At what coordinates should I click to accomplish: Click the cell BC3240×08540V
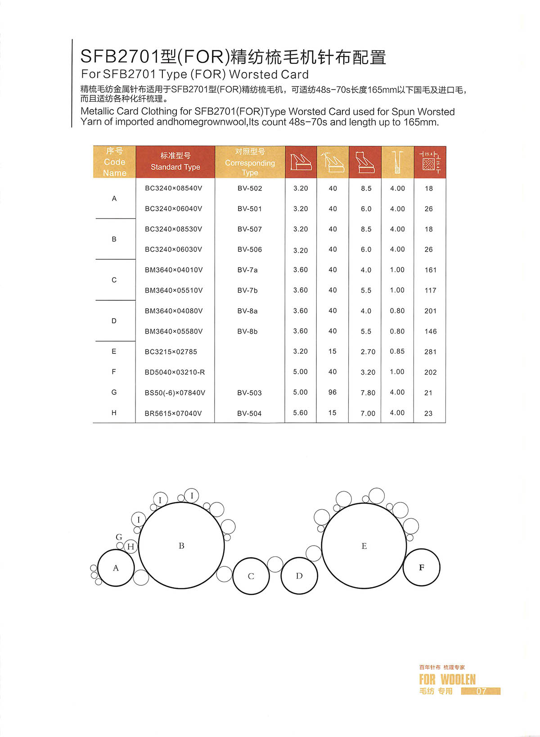(x=173, y=188)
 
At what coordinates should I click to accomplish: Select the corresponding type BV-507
(x=249, y=229)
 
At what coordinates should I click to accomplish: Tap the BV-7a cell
(x=247, y=270)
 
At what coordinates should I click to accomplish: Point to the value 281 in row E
(x=430, y=352)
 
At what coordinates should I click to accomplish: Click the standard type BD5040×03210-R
(x=175, y=372)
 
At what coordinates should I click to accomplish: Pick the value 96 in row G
(x=333, y=392)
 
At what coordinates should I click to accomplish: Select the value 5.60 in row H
(x=300, y=413)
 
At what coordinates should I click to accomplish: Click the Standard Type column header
(x=175, y=162)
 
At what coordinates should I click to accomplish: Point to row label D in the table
(x=114, y=321)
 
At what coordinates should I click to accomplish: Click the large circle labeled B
(x=181, y=546)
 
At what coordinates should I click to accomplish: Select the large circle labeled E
(x=364, y=546)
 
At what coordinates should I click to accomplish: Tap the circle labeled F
(x=421, y=567)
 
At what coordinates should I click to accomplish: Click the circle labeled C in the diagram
(x=251, y=576)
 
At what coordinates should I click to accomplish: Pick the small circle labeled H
(x=130, y=547)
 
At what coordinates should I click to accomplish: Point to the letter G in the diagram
(x=119, y=537)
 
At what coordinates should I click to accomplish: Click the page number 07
(x=481, y=691)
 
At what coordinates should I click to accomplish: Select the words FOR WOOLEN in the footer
(x=447, y=679)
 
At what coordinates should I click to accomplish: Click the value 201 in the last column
(x=430, y=311)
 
